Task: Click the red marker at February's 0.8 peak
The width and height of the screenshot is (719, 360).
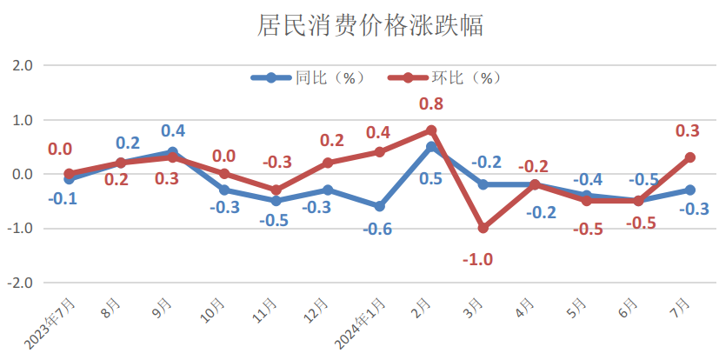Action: click(x=431, y=130)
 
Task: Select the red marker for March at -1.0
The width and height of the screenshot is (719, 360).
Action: click(x=483, y=228)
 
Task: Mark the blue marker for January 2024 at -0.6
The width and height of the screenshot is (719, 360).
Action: click(x=380, y=206)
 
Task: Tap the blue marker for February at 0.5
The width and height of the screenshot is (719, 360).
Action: click(x=431, y=147)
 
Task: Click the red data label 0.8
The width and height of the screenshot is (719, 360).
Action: click(x=431, y=104)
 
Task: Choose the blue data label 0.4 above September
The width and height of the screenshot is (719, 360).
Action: click(x=173, y=131)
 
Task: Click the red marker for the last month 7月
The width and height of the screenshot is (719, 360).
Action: click(x=689, y=157)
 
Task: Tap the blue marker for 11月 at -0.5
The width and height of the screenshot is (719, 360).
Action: click(x=276, y=201)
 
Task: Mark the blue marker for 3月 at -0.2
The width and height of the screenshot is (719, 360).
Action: click(x=483, y=184)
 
